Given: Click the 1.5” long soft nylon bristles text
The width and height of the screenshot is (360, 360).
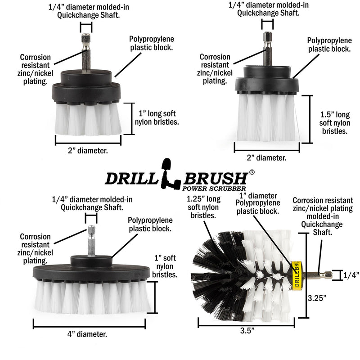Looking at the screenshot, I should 335,123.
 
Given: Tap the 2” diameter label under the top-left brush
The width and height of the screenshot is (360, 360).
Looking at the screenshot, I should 89,151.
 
